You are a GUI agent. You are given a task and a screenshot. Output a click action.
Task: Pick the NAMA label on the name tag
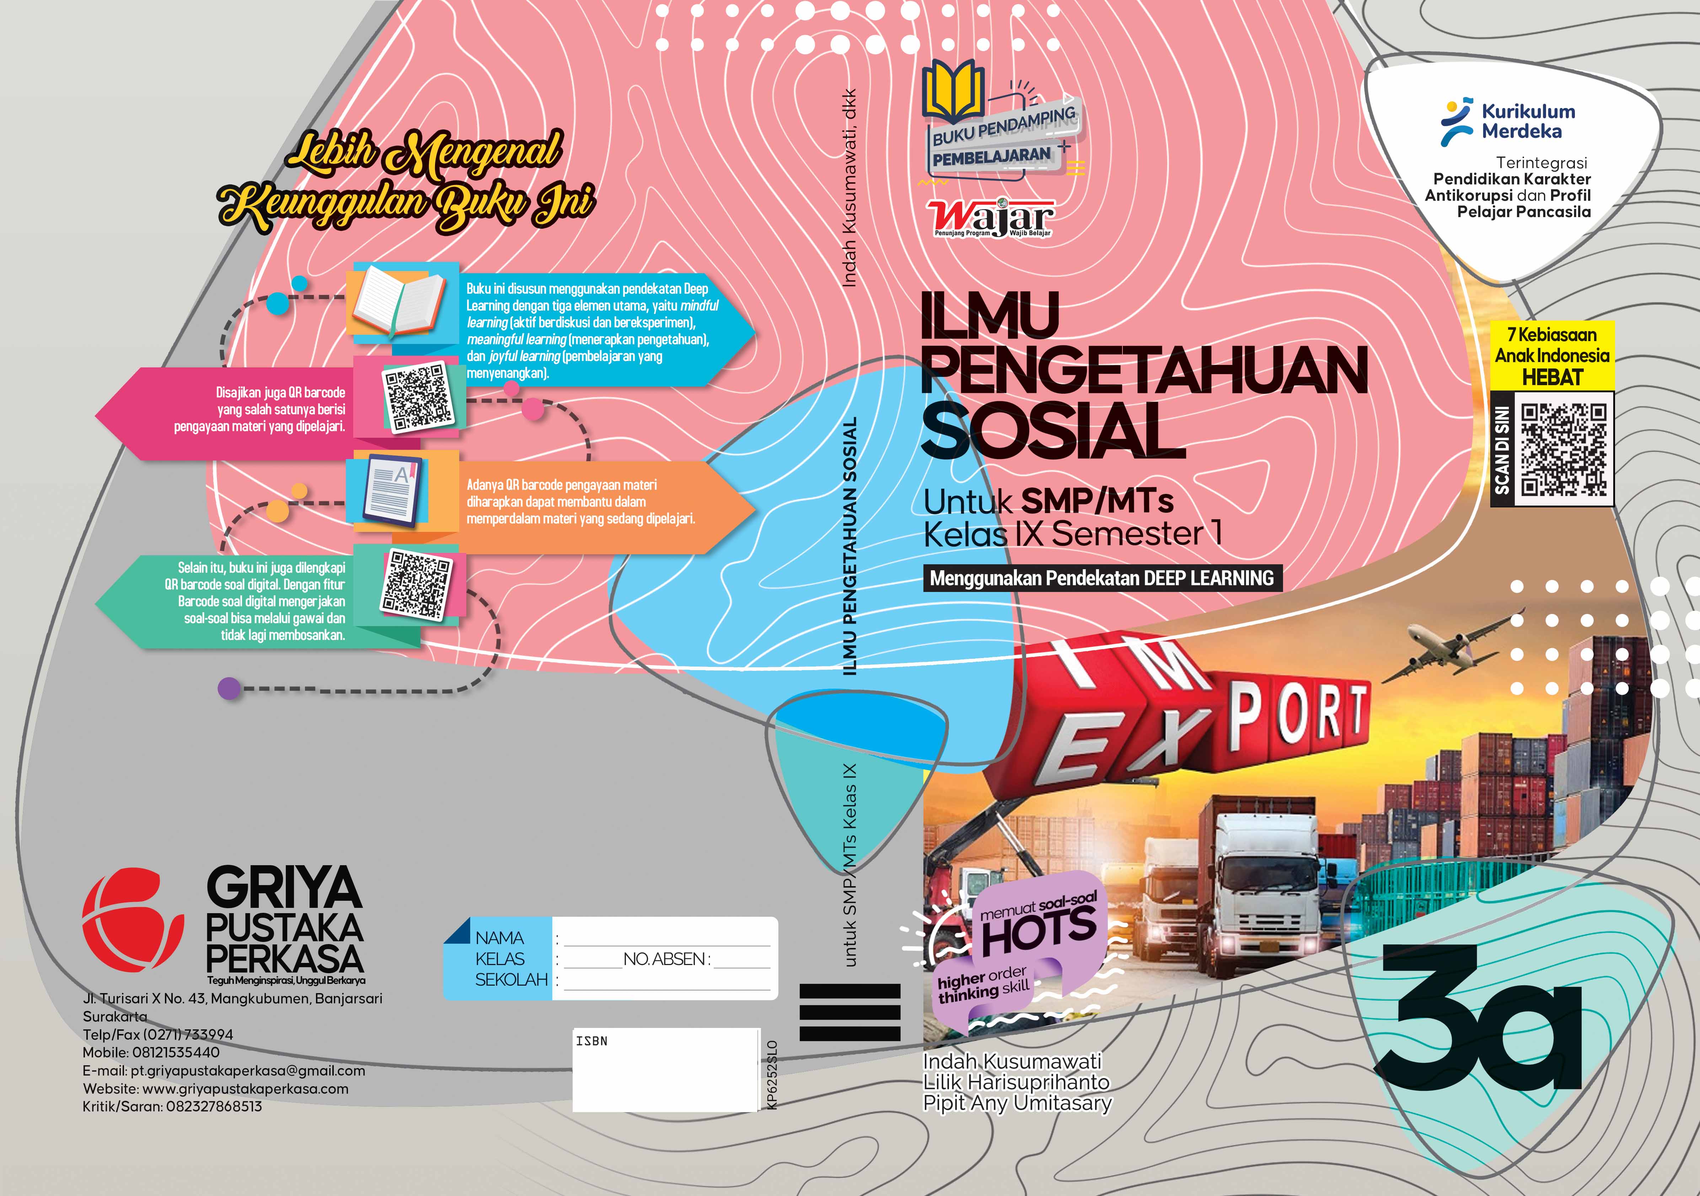pyautogui.click(x=500, y=938)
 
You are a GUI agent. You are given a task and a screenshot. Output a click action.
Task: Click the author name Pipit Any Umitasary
pyautogui.click(x=1017, y=1104)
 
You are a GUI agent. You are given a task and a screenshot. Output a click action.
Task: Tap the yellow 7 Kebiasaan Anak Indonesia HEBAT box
pyautogui.click(x=1552, y=355)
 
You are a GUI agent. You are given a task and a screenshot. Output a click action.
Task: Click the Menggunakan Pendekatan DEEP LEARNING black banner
pyautogui.click(x=1102, y=578)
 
